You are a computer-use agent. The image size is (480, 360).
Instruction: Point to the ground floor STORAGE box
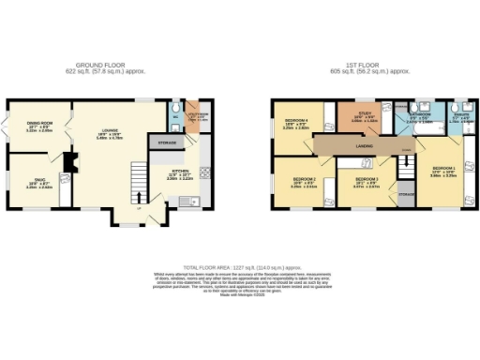point(167,142)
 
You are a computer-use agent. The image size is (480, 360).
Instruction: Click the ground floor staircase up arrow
point(140,197)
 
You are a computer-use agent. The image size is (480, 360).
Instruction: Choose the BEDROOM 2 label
point(303,181)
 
